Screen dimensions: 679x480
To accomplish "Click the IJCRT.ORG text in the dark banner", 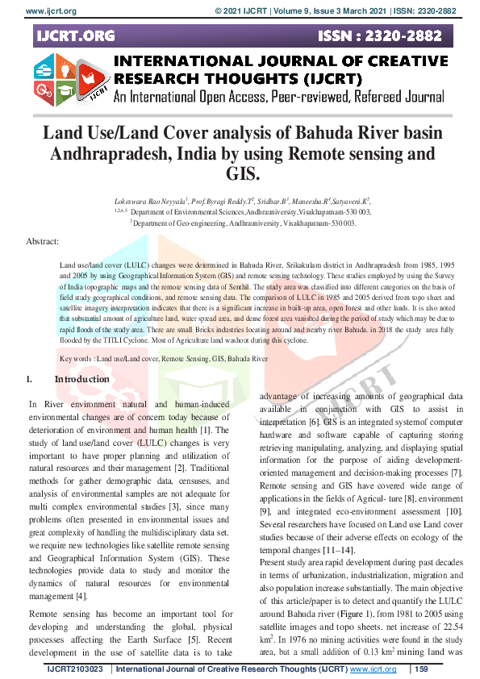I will coord(75,36).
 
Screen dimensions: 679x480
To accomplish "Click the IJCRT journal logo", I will coord(71,80).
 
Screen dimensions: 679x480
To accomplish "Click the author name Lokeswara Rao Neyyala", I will coord(149,199).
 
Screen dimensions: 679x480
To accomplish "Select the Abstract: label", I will coord(43,241).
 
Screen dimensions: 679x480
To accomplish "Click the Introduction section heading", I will coord(81,379).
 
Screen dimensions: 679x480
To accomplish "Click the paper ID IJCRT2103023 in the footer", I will coord(77,669).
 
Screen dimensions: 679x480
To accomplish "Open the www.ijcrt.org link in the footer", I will coord(377,669).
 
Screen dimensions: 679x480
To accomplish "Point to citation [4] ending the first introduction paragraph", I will coord(83,598).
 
